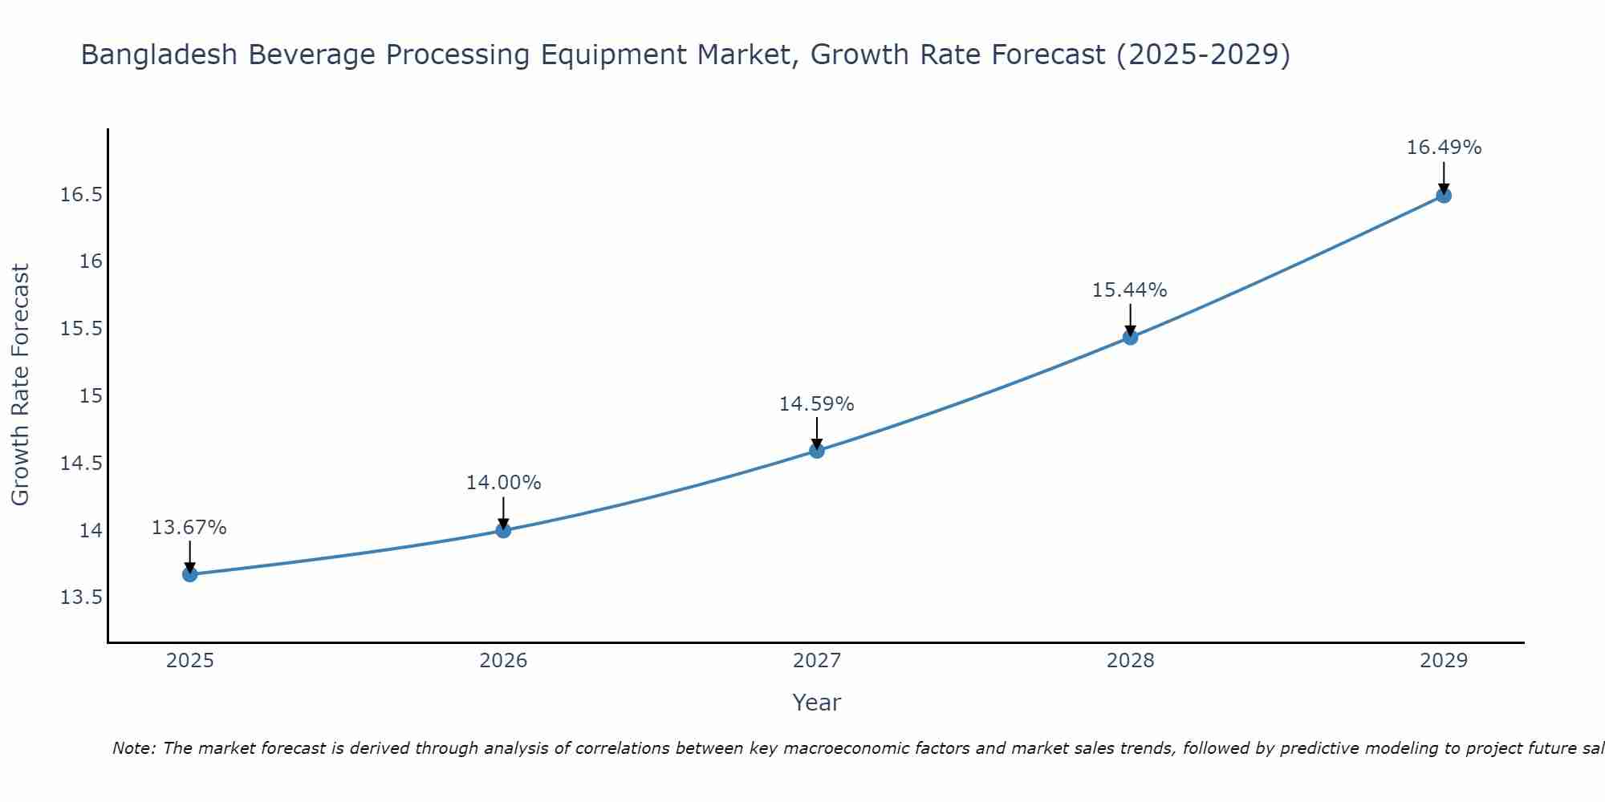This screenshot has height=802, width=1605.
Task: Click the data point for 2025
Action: (189, 574)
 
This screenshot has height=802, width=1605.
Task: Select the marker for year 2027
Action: (817, 450)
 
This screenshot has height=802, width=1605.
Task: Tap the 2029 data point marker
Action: (1444, 195)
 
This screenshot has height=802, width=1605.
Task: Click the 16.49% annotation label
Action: (1444, 148)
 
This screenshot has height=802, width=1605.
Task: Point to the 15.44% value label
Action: (1129, 290)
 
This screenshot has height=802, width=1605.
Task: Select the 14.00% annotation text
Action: (503, 483)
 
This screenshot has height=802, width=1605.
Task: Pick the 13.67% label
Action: (189, 528)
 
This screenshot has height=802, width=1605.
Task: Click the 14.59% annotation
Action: (816, 404)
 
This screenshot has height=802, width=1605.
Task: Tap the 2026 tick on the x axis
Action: (503, 661)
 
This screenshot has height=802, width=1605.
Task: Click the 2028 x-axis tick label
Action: (1130, 661)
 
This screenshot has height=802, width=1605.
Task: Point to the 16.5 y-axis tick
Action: (81, 195)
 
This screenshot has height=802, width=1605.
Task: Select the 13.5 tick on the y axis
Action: (81, 597)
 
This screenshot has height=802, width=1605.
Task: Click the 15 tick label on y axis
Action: (91, 396)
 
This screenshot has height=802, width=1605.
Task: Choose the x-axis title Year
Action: (816, 703)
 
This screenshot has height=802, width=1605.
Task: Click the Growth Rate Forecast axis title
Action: (20, 385)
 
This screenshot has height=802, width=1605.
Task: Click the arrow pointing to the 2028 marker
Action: (1130, 319)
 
